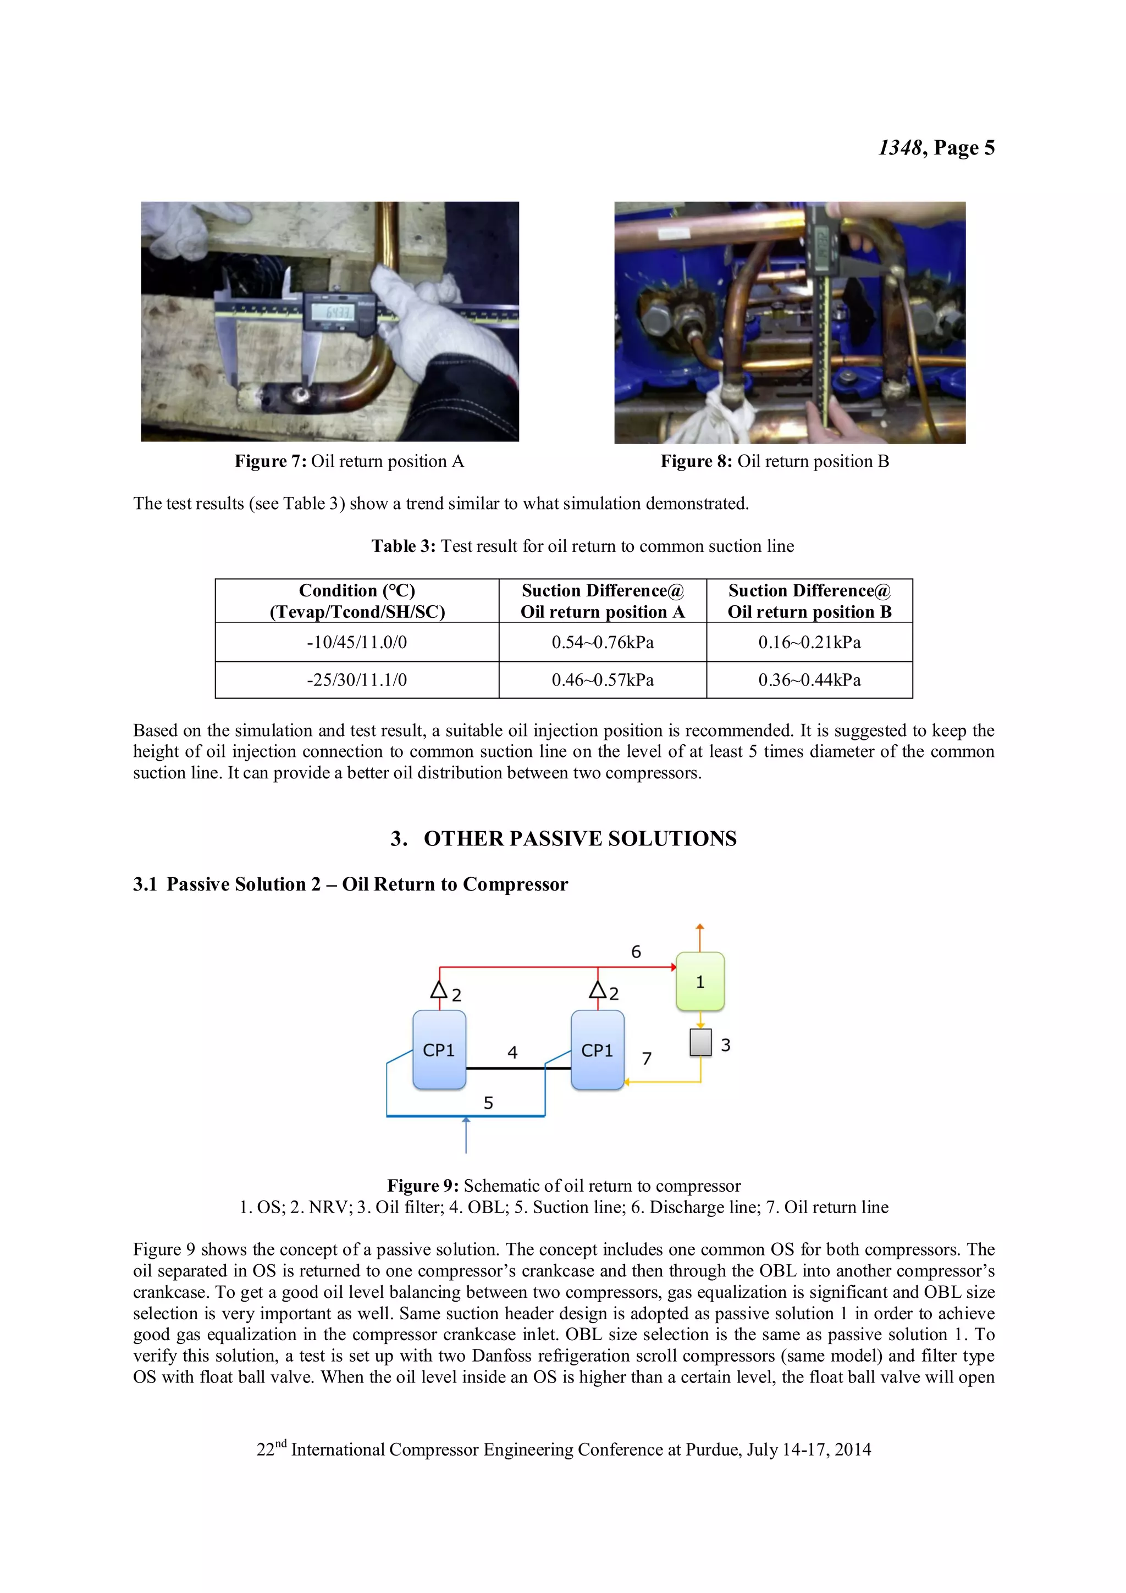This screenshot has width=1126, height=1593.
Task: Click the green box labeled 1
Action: point(699,981)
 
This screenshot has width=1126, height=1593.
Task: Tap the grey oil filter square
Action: point(700,1042)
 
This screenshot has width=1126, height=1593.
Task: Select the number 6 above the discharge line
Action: point(636,951)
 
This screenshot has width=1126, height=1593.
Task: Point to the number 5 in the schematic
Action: point(488,1103)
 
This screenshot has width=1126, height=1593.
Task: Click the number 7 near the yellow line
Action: point(647,1058)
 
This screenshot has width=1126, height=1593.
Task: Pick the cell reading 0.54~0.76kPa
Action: point(602,643)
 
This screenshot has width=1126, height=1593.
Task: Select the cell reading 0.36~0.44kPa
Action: point(809,680)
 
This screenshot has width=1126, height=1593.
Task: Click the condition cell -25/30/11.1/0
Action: point(357,680)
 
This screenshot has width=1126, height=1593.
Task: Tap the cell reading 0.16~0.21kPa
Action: point(809,643)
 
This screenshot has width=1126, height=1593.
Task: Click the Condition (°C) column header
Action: point(357,601)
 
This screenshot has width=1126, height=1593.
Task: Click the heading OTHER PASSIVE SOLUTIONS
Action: point(580,838)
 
